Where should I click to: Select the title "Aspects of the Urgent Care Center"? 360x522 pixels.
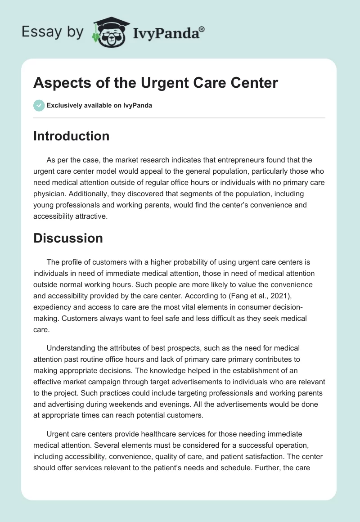point(156,83)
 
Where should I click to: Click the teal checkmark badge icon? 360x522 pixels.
point(39,105)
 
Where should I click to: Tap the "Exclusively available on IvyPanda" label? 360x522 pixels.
point(99,105)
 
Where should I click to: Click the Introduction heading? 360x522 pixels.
point(71,136)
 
